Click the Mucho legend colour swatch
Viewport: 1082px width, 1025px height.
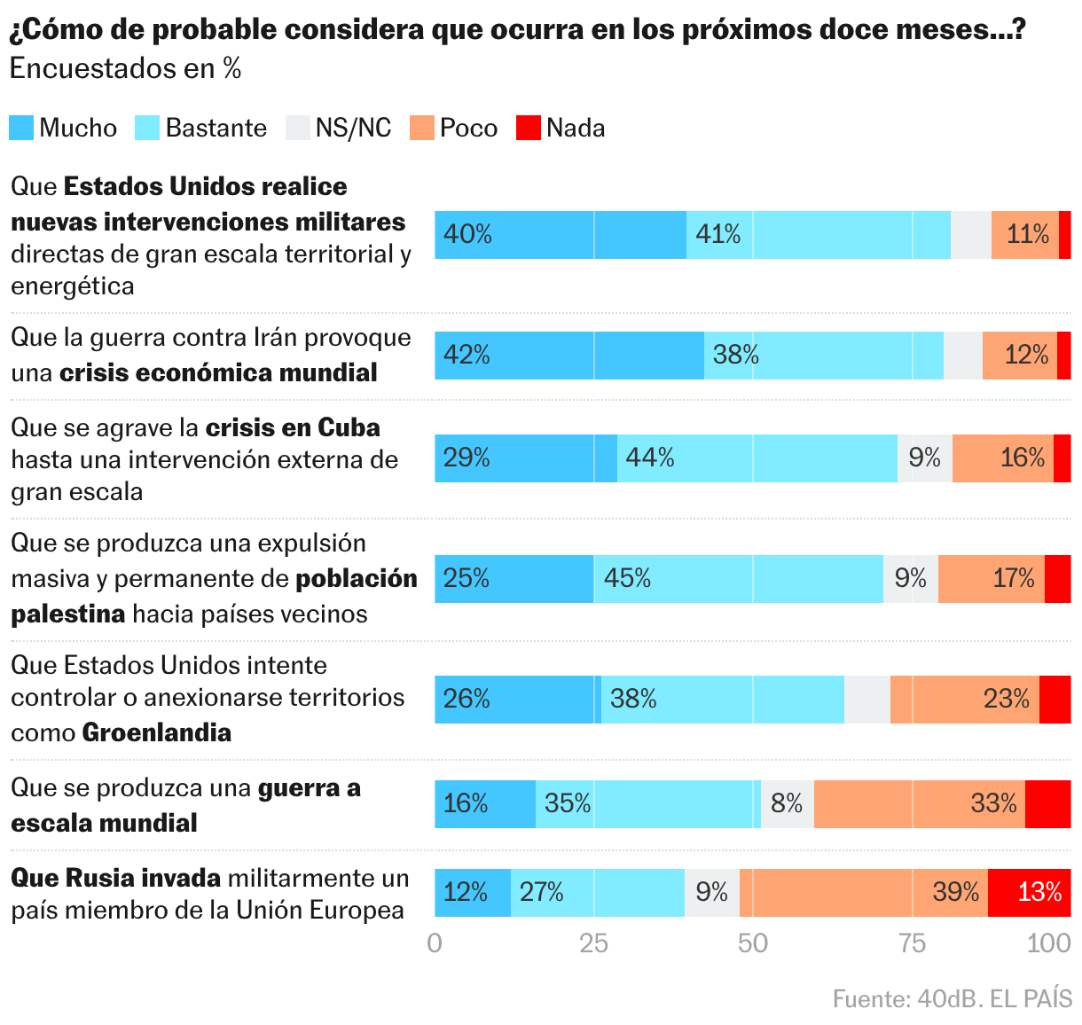pyautogui.click(x=21, y=128)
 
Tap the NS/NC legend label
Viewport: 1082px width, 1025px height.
pyautogui.click(x=353, y=128)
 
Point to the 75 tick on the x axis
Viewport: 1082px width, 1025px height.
pyautogui.click(x=912, y=943)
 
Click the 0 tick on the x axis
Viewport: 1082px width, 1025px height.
pyautogui.click(x=435, y=943)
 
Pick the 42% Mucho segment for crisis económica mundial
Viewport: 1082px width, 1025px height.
pyautogui.click(x=568, y=356)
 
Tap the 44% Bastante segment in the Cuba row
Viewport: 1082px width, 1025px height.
pyautogui.click(x=757, y=458)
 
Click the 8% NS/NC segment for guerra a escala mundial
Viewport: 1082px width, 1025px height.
pyautogui.click(x=787, y=804)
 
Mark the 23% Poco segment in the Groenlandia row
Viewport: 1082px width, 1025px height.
pyautogui.click(x=964, y=700)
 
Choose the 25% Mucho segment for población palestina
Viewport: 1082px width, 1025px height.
pyautogui.click(x=514, y=579)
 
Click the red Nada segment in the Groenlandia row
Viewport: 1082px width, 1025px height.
pyautogui.click(x=1055, y=700)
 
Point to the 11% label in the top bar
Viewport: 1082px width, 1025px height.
pyautogui.click(x=1027, y=235)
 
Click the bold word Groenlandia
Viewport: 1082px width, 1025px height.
pyautogui.click(x=157, y=733)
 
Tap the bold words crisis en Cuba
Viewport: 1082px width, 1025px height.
pyautogui.click(x=293, y=428)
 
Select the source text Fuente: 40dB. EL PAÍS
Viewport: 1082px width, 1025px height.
pyautogui.click(x=952, y=999)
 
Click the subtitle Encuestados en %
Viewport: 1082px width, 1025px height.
pyautogui.click(x=125, y=69)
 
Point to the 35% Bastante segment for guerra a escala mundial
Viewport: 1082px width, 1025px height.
pyautogui.click(x=647, y=804)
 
